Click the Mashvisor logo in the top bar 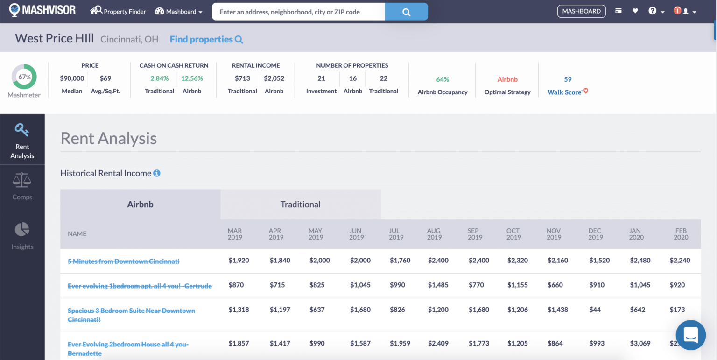click(x=42, y=10)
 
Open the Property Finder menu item click(x=119, y=11)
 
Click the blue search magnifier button click(x=406, y=12)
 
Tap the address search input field click(x=298, y=12)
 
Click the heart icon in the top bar click(x=635, y=11)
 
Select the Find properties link click(x=206, y=39)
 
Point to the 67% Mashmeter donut click(x=24, y=77)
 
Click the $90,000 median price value click(x=72, y=78)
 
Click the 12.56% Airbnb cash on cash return click(x=192, y=78)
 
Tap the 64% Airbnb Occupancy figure click(x=442, y=79)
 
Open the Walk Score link click(x=565, y=92)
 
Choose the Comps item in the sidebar click(x=22, y=186)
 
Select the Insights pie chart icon click(x=22, y=229)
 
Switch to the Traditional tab click(x=300, y=204)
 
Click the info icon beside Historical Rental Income click(x=157, y=173)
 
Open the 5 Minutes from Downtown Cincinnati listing click(x=123, y=261)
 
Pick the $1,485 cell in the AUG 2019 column click(x=438, y=285)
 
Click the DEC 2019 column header click(x=595, y=234)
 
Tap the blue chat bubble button click(x=690, y=335)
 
